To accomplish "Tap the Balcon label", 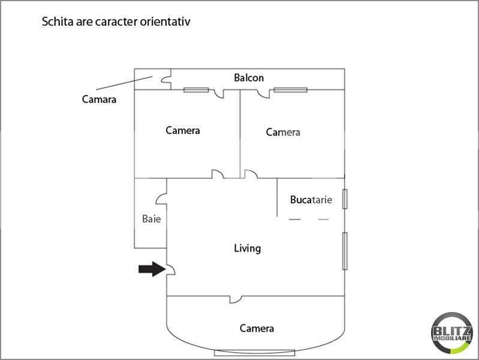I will [x=249, y=78].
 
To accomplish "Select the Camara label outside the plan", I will [x=99, y=99].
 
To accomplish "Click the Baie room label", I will [x=151, y=219].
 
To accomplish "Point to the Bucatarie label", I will [x=311, y=200].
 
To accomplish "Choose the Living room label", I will [x=247, y=248].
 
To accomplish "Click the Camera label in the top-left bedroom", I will [x=183, y=130].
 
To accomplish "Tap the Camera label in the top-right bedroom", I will [x=283, y=132].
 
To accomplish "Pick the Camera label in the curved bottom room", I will [x=257, y=328].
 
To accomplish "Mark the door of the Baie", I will [x=162, y=199].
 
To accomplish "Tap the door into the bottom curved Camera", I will [x=236, y=298].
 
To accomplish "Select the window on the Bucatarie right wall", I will [x=344, y=199].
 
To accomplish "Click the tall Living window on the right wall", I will [x=345, y=250].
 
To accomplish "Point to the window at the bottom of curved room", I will [x=256, y=352].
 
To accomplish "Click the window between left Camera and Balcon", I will [x=196, y=90].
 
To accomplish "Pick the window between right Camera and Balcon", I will [x=291, y=90].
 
